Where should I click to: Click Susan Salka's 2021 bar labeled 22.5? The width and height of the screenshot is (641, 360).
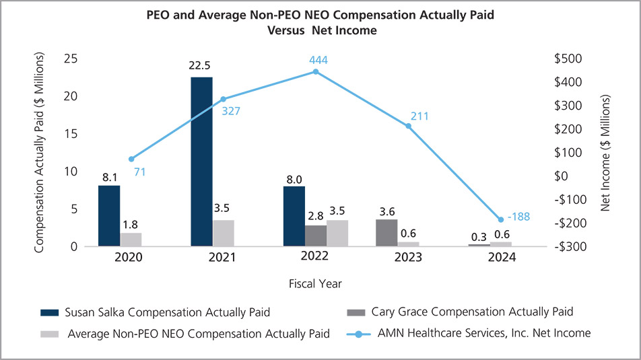201,161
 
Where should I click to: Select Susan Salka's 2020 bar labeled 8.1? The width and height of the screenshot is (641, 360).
108,215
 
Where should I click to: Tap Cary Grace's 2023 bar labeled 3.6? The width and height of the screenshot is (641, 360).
386,233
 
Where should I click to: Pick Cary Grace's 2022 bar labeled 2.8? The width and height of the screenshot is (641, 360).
315,236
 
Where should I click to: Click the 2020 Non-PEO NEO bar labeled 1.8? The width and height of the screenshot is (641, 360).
131,239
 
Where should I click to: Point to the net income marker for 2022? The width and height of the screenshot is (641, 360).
316,71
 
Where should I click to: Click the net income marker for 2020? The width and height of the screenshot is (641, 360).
131,159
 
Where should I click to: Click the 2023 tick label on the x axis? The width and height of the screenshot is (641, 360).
408,258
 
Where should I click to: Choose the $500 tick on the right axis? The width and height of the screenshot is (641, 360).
574,59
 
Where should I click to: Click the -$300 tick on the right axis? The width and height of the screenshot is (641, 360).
574,246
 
